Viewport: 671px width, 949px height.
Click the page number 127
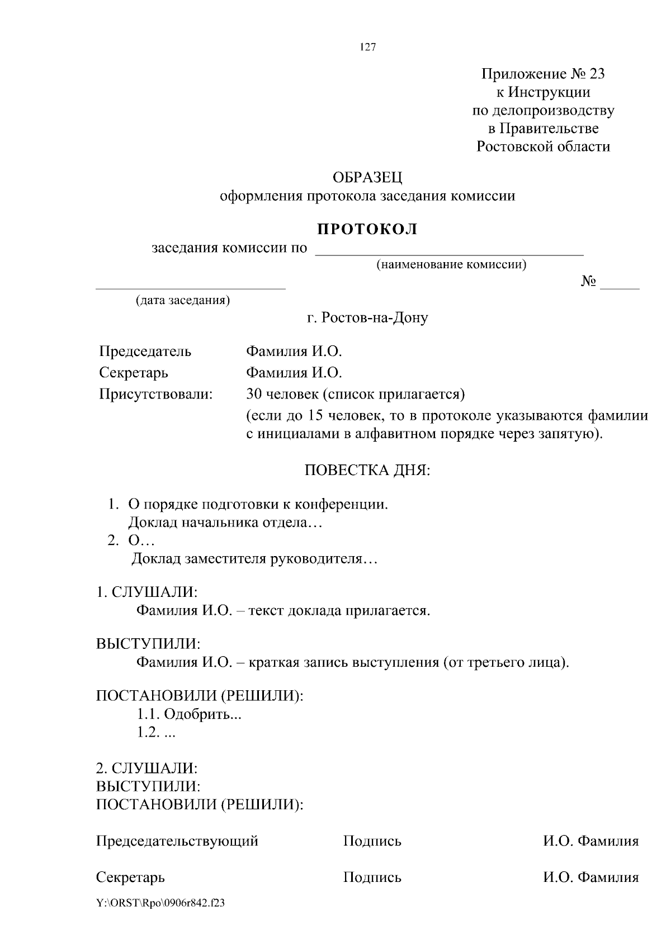[368, 47]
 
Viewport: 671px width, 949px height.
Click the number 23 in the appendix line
[596, 74]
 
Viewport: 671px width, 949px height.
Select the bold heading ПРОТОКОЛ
[367, 229]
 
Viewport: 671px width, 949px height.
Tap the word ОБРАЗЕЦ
[367, 178]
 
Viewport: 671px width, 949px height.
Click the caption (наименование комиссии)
[451, 264]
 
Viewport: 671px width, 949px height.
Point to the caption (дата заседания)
[183, 300]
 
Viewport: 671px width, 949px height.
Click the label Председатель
[145, 352]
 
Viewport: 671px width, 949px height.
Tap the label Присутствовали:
[156, 394]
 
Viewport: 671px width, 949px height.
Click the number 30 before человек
[254, 394]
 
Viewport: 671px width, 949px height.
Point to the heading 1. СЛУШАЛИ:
[147, 592]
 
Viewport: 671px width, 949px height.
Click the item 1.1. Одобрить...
[189, 714]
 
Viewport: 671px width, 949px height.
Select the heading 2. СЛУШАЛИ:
[147, 767]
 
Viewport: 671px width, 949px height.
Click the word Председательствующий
[177, 841]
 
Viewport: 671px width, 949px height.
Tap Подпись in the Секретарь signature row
[372, 877]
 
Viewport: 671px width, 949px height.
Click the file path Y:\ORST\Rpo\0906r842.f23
[160, 903]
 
